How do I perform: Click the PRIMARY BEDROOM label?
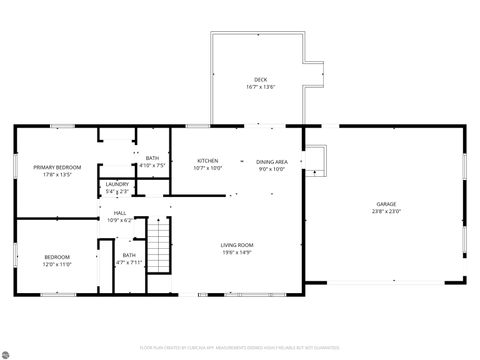[56, 167]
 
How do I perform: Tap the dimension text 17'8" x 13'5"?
[56, 175]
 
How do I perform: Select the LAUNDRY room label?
[116, 184]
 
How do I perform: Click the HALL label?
[119, 212]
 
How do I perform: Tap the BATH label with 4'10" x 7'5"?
[152, 158]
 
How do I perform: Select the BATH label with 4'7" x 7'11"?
[129, 255]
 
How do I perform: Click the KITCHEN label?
[208, 161]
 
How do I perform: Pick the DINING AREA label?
[272, 161]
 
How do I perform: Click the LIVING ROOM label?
[237, 245]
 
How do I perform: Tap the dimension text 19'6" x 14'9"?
[237, 253]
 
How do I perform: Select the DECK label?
[260, 79]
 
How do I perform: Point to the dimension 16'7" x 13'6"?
[260, 87]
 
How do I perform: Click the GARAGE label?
[386, 203]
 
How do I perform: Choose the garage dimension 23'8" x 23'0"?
[386, 211]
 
